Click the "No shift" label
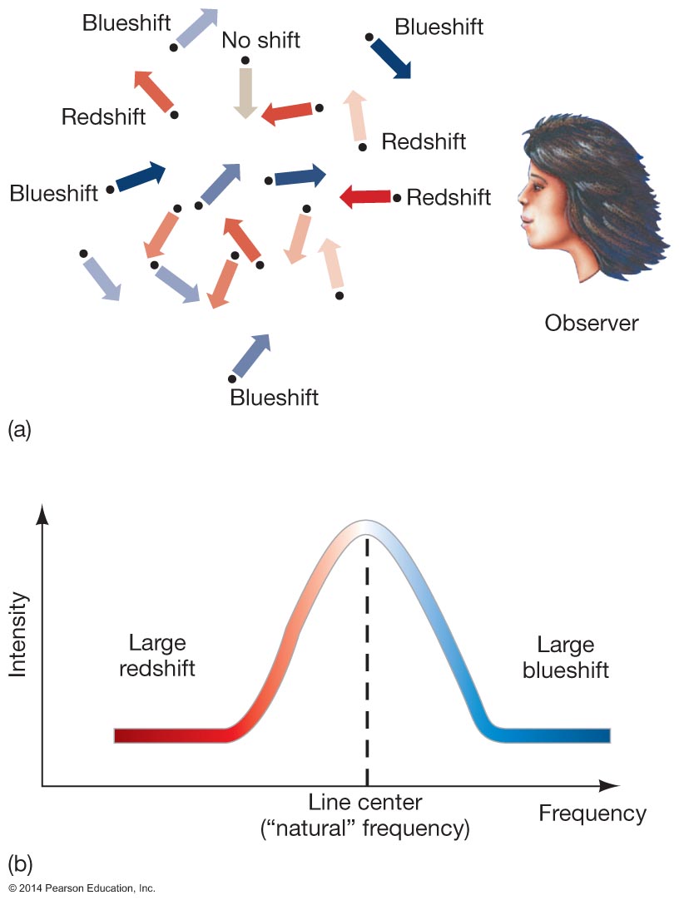click(260, 39)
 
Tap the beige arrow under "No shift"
click(245, 91)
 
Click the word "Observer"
click(592, 322)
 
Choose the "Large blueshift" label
click(566, 657)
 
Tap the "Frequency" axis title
click(592, 813)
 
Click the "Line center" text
click(365, 803)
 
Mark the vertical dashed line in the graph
click(366, 665)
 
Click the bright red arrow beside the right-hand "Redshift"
click(366, 196)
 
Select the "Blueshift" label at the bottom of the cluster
click(274, 397)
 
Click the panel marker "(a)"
click(19, 429)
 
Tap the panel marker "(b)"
click(19, 862)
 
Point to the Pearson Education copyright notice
click(78, 888)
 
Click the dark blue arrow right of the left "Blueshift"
click(141, 176)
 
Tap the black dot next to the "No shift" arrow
click(245, 60)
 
